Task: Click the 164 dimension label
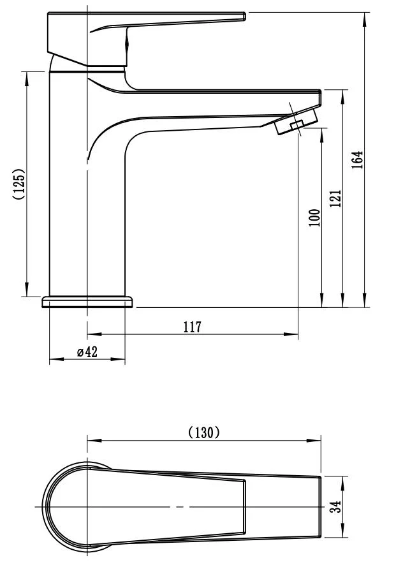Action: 357,159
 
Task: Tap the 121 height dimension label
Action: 335,198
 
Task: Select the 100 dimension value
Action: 314,217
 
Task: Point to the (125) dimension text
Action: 18,184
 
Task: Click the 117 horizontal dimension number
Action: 193,327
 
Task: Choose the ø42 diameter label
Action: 87,351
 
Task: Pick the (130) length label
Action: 204,432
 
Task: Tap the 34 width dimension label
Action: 337,506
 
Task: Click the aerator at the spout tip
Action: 297,121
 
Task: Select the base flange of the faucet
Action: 88,302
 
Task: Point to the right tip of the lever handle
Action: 245,16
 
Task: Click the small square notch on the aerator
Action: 297,125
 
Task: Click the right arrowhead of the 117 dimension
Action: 291,334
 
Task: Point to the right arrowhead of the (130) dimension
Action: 314,441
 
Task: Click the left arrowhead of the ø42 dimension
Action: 56,359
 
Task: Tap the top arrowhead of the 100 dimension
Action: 321,135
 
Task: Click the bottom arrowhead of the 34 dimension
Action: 342,530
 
